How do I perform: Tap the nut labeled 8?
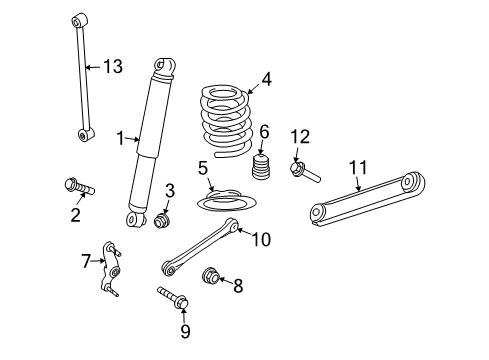coord(213,278)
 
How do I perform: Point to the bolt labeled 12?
coord(304,172)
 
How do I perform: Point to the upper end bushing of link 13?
coord(79,20)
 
